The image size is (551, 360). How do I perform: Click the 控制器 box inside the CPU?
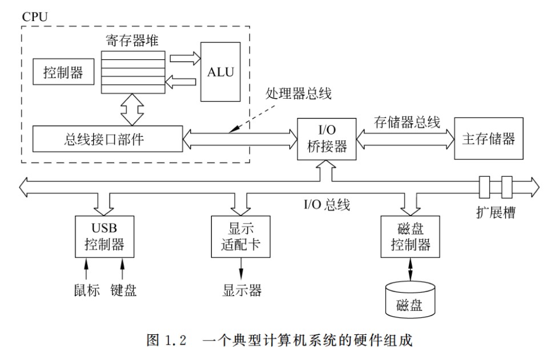click(x=63, y=72)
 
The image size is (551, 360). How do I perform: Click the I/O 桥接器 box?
click(x=323, y=139)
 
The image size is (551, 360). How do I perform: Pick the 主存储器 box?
click(x=488, y=139)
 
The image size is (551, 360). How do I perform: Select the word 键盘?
click(x=123, y=290)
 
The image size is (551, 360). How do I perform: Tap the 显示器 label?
click(x=242, y=290)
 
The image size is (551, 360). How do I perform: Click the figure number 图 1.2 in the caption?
click(x=162, y=342)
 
